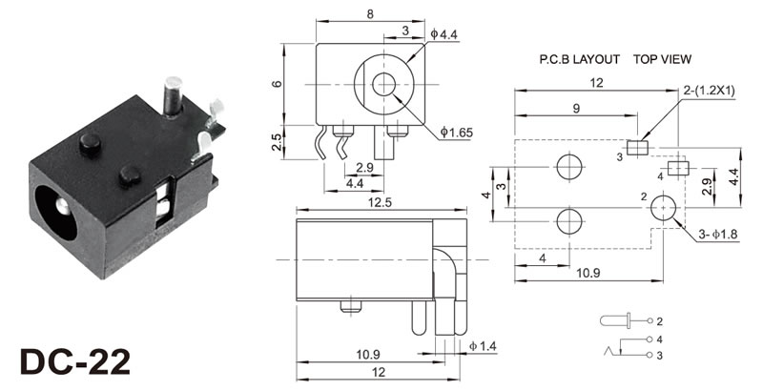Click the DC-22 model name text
tap(75, 361)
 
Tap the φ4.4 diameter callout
tap(444, 34)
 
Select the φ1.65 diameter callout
tap(457, 132)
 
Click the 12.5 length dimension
tap(380, 202)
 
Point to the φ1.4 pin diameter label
tap(483, 346)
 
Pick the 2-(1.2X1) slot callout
tap(710, 91)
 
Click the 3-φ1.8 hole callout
tap(718, 235)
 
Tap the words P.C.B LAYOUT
tap(579, 59)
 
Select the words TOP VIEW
tap(662, 59)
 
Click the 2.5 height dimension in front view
tap(277, 142)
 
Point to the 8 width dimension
tap(370, 14)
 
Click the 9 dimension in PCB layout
tap(576, 108)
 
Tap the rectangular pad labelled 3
tap(638, 148)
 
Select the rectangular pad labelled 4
tap(678, 168)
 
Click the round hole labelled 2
tap(664, 208)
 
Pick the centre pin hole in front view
tap(384, 85)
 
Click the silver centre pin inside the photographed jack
tap(62, 208)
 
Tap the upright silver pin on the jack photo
tap(173, 96)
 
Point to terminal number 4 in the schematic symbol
tap(659, 339)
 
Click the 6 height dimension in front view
tap(277, 84)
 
